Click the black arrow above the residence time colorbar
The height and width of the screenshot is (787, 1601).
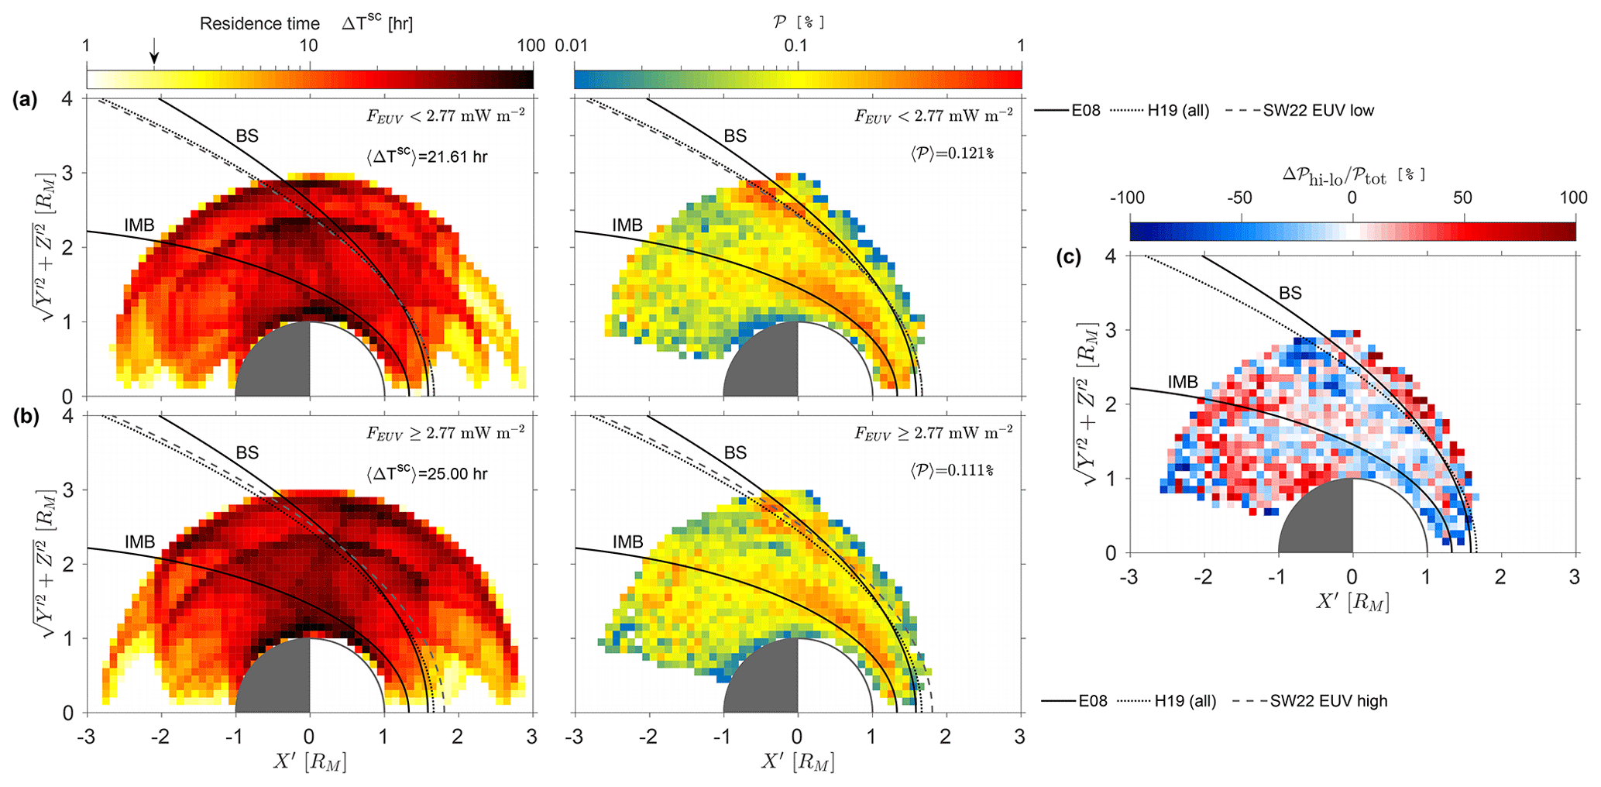154,51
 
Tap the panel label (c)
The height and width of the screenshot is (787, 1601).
1068,258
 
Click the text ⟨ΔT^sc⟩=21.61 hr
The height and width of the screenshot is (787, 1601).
428,157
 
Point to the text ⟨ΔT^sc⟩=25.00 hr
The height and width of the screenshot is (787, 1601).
428,474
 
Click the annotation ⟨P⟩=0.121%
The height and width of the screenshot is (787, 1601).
952,153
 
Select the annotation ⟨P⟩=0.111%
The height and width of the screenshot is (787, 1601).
952,470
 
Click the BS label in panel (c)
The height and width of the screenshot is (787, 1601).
1290,293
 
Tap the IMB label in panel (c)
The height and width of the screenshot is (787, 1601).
1183,382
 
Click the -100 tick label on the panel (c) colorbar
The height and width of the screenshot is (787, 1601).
1127,198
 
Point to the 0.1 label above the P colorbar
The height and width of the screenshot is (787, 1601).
795,45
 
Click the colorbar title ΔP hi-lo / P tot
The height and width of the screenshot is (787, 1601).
1353,174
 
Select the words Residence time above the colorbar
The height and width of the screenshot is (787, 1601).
259,24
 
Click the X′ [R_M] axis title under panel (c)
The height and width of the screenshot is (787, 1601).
1352,601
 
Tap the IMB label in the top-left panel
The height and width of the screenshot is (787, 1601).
139,225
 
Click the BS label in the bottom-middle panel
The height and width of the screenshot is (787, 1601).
735,452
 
